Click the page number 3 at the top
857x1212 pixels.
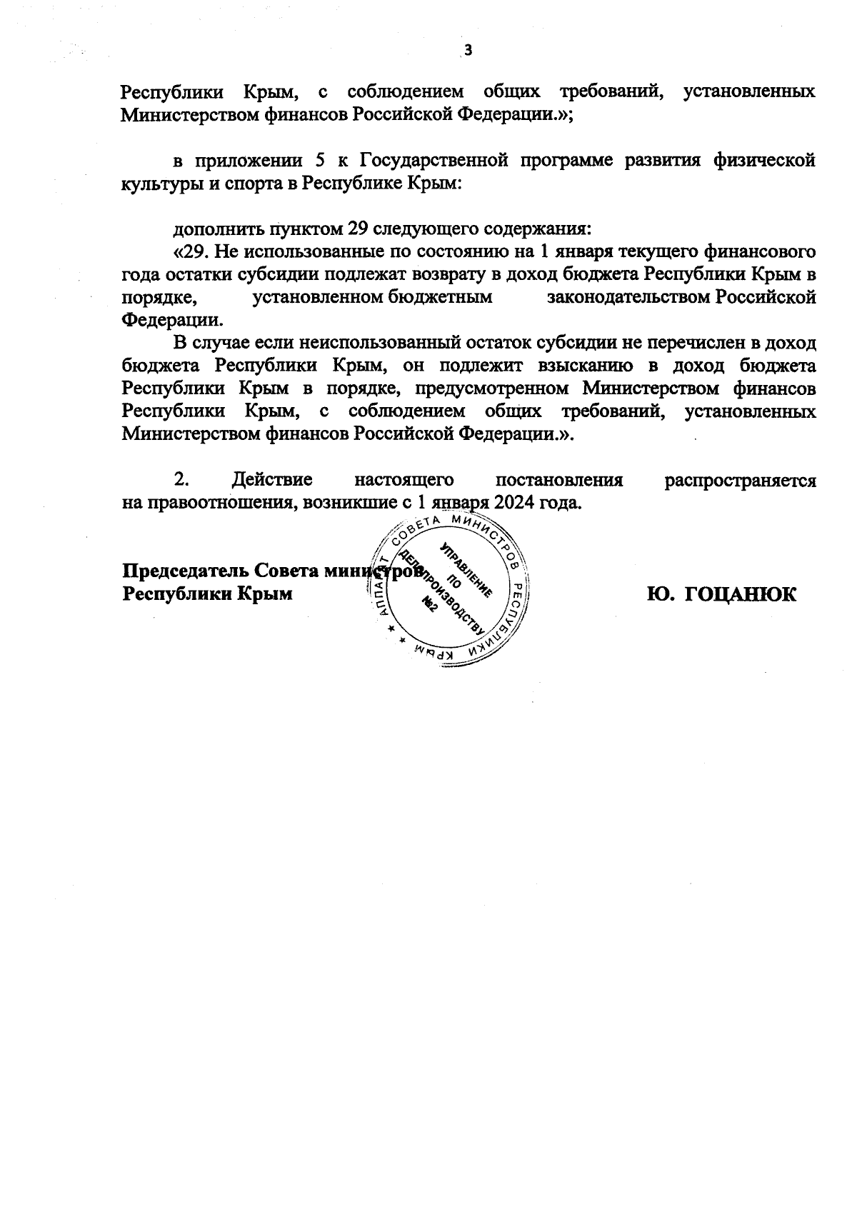(x=468, y=50)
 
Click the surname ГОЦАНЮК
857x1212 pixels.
(x=741, y=594)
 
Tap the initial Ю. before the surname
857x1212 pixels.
(x=661, y=594)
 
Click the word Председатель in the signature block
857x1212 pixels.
(x=184, y=571)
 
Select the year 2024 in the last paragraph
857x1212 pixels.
(x=514, y=503)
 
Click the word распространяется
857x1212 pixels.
(x=740, y=480)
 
